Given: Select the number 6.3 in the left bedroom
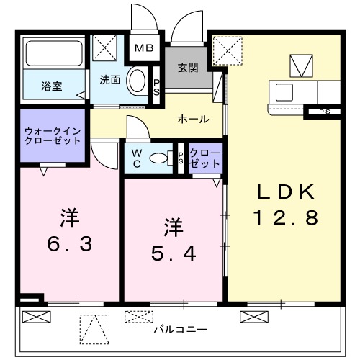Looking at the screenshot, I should click(68, 245).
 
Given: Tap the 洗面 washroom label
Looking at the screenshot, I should click(109, 80).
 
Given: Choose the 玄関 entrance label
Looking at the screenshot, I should click(189, 68).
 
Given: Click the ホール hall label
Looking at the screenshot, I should click(193, 119).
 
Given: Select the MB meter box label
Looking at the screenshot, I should click(146, 49).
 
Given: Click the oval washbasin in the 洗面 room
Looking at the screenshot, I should click(136, 81).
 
